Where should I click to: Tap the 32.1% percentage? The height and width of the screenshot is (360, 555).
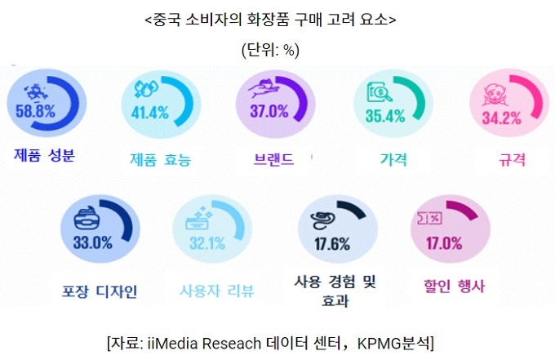(x=207, y=242)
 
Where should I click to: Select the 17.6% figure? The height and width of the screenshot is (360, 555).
(x=332, y=242)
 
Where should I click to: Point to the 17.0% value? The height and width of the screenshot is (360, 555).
(x=444, y=242)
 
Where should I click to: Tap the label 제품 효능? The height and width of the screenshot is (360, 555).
(x=160, y=160)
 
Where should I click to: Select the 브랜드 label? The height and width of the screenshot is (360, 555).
(x=274, y=158)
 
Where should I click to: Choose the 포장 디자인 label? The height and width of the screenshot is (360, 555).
(x=100, y=290)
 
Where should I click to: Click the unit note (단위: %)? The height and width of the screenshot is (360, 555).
(x=270, y=49)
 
